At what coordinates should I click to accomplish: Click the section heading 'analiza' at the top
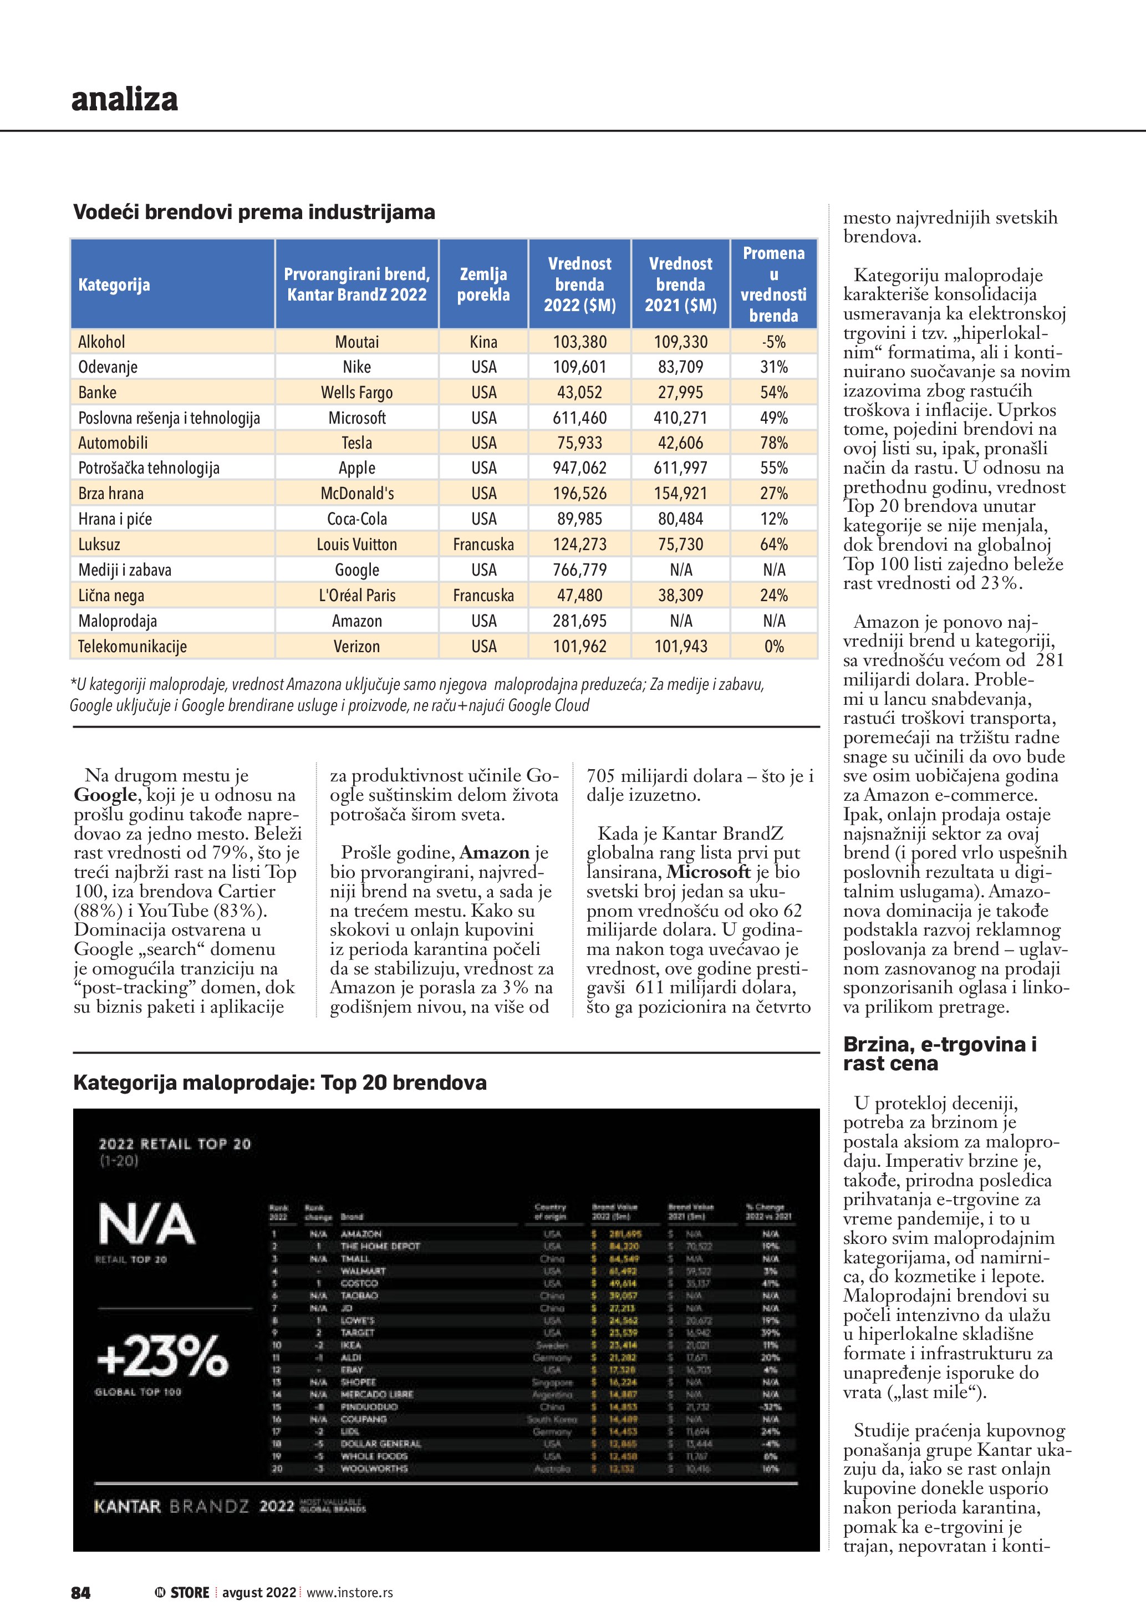pos(124,99)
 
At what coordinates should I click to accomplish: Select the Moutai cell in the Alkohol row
pos(356,342)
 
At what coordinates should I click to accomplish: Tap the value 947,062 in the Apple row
pos(579,468)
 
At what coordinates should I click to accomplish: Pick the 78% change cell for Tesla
pos(773,443)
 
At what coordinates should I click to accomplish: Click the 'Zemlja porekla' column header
pos(483,284)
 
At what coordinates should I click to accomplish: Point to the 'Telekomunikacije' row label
pos(132,647)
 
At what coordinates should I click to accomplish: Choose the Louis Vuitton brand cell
pos(356,545)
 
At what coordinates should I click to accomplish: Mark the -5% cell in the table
pos(773,342)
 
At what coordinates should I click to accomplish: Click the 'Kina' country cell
pos(483,342)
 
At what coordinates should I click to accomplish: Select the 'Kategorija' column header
pos(114,285)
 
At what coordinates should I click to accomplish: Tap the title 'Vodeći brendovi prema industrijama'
pos(254,212)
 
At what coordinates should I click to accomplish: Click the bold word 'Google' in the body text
pos(105,795)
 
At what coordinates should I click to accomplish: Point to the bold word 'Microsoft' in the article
pos(708,872)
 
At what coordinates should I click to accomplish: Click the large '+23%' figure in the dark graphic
pos(162,1356)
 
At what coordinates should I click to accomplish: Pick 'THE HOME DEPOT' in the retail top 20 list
pos(380,1246)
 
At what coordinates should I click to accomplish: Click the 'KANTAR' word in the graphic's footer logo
pos(127,1507)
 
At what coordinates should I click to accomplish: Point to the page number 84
pos(80,1593)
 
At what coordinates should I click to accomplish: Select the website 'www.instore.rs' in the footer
pos(349,1593)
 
